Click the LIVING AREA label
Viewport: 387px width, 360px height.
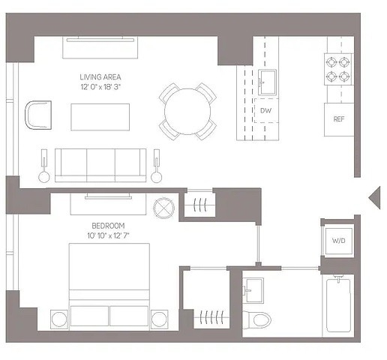100,77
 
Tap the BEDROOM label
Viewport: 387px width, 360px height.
108,226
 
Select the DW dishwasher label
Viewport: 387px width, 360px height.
265,110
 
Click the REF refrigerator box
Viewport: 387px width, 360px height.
339,119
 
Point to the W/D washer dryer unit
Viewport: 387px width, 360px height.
339,241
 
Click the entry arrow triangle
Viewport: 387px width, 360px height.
374,197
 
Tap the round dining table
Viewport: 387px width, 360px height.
187,112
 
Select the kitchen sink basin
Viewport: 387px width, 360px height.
267,82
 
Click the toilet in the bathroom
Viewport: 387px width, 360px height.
257,319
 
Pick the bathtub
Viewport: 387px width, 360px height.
338,305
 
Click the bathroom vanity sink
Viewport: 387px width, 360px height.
253,290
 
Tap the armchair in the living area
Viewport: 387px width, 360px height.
38,115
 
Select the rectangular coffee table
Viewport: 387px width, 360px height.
100,117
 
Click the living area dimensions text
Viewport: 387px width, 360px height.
100,87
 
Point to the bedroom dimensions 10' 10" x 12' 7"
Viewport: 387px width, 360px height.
108,235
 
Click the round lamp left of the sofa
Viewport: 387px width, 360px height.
44,177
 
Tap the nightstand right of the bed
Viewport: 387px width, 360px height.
159,319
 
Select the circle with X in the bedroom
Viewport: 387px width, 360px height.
163,208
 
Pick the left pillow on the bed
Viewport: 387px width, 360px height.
89,316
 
